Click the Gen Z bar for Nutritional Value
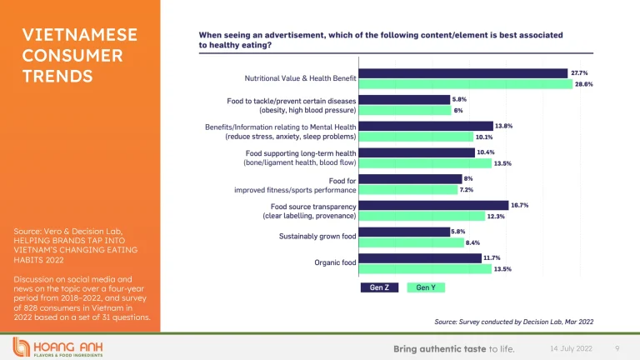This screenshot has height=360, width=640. [463, 73]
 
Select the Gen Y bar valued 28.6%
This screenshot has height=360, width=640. [465, 84]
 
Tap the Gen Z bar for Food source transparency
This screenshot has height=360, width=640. [433, 205]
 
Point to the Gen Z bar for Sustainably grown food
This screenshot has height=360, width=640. [404, 232]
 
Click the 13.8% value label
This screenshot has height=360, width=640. [502, 126]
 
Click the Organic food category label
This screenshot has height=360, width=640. [335, 263]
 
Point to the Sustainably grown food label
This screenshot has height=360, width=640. [317, 237]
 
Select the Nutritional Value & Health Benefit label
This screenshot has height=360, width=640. [300, 78]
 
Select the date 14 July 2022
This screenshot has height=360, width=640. [569, 347]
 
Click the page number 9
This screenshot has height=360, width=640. [617, 347]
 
